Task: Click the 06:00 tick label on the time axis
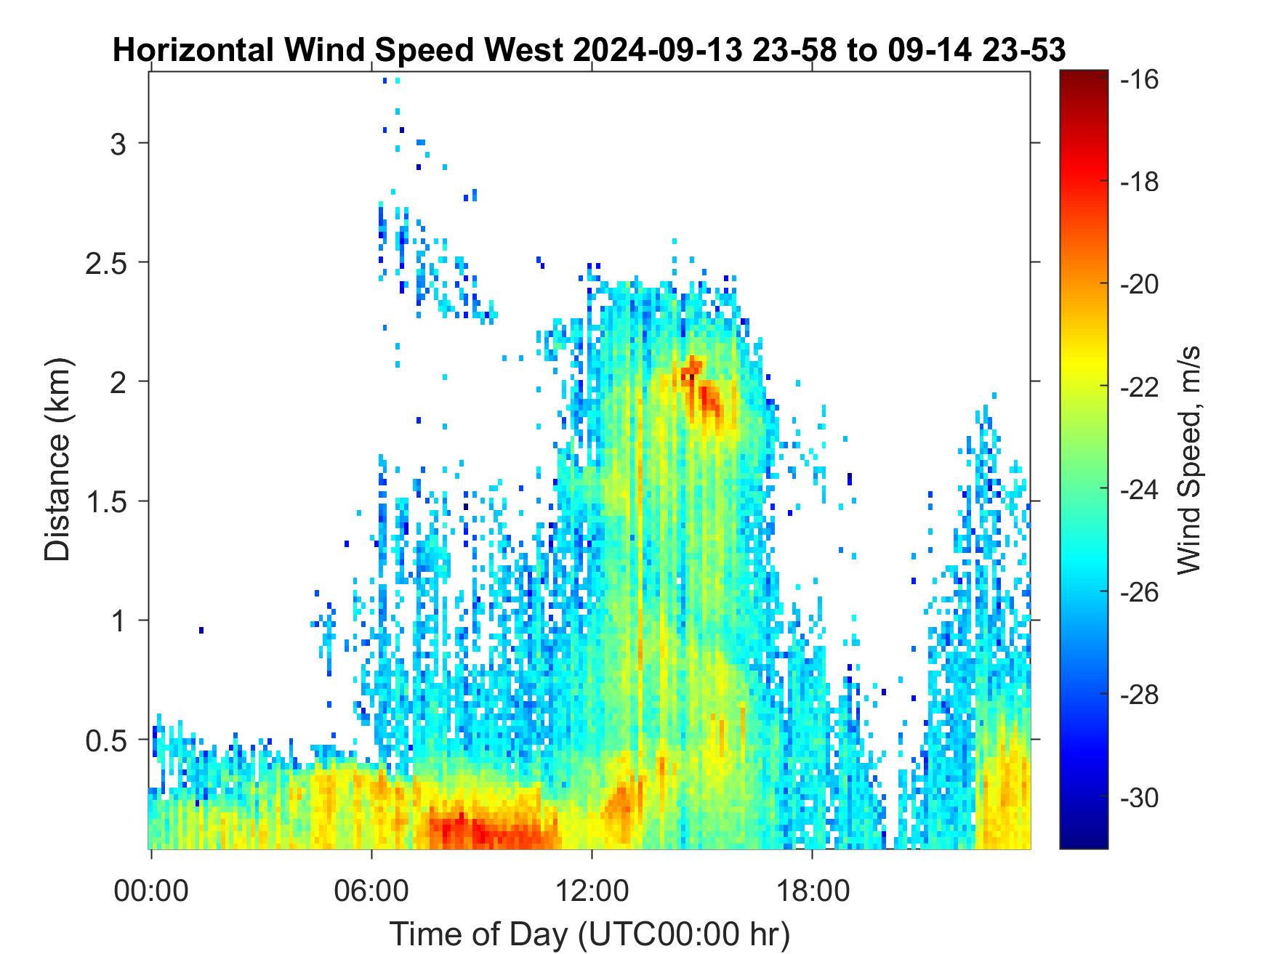371,890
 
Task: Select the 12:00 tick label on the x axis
592,890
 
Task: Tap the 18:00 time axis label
812,890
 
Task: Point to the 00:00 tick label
151,890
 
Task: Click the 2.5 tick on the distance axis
106,263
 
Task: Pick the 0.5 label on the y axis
106,741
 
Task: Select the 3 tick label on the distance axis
118,144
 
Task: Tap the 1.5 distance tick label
106,502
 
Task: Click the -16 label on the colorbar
1140,79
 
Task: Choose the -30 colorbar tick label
1140,799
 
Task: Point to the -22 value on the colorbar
1140,387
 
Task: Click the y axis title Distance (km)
57,460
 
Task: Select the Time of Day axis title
589,934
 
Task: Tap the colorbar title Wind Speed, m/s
1188,460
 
